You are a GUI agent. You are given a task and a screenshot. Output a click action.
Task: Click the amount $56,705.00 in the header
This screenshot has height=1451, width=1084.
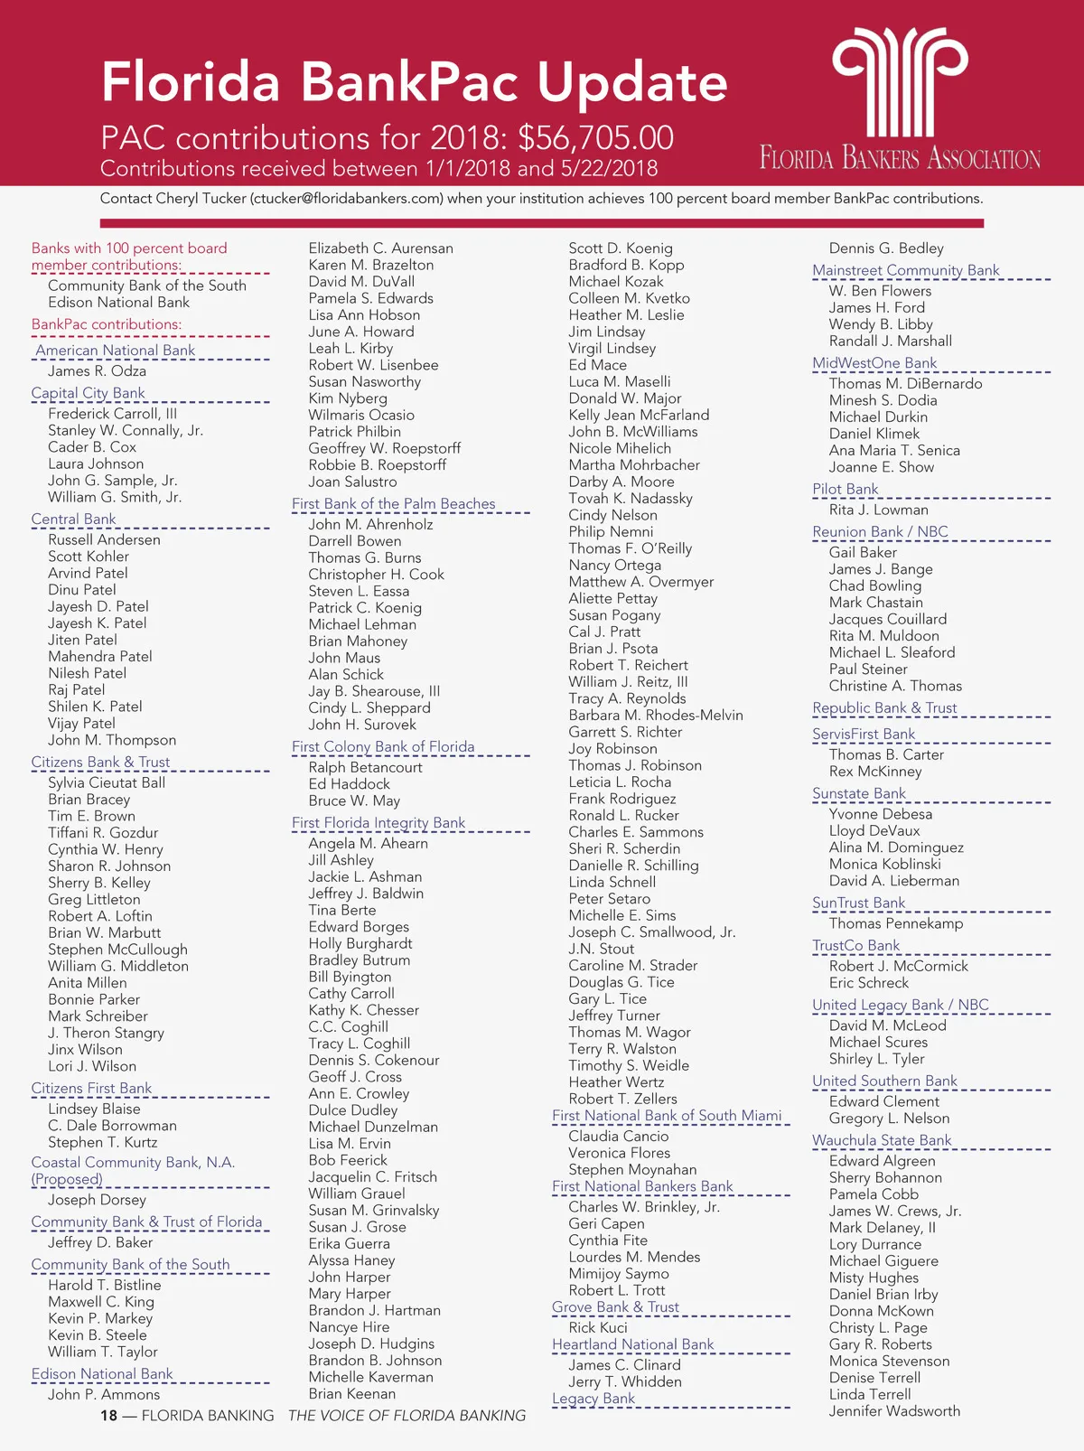click(x=595, y=138)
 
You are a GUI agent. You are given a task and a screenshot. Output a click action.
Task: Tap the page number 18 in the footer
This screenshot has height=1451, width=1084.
click(x=108, y=1415)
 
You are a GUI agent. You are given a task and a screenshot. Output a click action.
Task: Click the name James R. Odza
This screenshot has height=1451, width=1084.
click(x=97, y=370)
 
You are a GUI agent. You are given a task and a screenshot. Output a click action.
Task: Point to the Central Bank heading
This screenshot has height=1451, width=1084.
click(x=73, y=520)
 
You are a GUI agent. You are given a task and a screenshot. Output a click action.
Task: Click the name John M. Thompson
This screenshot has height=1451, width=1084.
click(x=112, y=740)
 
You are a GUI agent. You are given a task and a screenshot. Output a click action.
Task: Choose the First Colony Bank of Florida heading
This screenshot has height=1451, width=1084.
click(x=383, y=746)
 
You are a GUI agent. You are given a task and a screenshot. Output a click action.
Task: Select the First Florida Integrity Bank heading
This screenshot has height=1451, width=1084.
click(x=378, y=822)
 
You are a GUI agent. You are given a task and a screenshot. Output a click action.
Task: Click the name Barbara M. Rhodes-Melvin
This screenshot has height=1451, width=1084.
click(x=656, y=715)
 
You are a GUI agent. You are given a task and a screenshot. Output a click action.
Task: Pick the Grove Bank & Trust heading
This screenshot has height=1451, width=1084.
click(x=615, y=1306)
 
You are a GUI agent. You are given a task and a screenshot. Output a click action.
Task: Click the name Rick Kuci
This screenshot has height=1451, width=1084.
click(x=598, y=1327)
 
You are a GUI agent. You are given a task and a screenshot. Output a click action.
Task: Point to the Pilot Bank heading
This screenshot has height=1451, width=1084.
click(x=845, y=489)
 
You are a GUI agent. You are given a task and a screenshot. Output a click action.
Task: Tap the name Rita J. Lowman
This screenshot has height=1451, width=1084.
click(x=878, y=510)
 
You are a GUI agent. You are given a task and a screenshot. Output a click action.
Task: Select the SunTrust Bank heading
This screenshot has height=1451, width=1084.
click(x=858, y=903)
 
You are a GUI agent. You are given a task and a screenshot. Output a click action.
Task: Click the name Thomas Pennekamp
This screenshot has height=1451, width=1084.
click(x=896, y=923)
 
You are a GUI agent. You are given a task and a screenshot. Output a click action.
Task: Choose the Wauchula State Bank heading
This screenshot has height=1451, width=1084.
click(x=882, y=1140)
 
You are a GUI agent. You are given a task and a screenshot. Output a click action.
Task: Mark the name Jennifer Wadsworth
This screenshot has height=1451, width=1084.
click(x=894, y=1410)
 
